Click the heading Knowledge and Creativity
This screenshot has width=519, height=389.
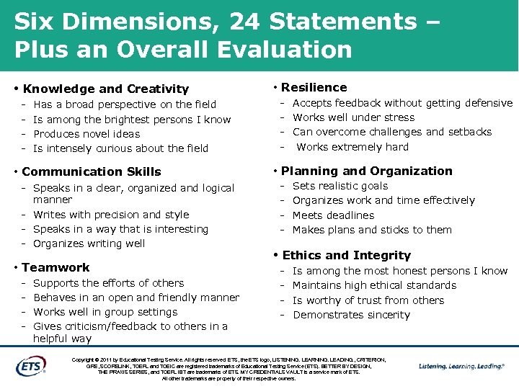[x=105, y=89]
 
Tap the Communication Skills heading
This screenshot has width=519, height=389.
[x=92, y=171]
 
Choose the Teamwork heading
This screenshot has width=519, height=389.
[x=56, y=267]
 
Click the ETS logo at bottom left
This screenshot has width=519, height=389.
[x=30, y=365]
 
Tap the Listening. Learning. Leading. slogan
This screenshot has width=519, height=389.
[x=461, y=366]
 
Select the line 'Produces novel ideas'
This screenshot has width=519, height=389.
[x=86, y=134]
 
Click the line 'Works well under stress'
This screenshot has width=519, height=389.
[x=353, y=117]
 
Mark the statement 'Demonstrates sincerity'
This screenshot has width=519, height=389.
[x=351, y=315]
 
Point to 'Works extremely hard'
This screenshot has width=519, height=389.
[x=352, y=147]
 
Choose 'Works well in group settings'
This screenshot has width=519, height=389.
[x=105, y=312]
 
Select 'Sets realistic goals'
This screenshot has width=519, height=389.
[x=340, y=186]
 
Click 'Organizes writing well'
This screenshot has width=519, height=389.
[x=89, y=243]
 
